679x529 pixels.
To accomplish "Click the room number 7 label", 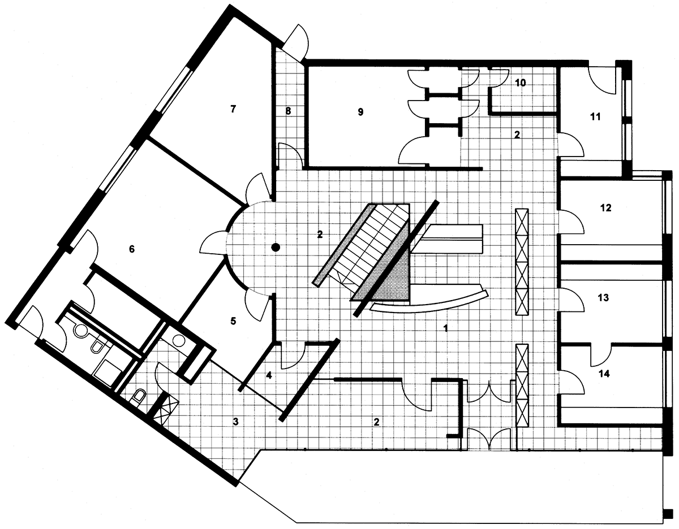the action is tap(233, 109).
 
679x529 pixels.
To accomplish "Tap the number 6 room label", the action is tap(132, 249).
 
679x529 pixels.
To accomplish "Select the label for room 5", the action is tap(233, 321).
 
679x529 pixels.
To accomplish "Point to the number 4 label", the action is tap(269, 375).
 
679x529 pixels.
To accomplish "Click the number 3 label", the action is tap(235, 422).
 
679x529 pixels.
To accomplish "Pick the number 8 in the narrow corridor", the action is tap(288, 111).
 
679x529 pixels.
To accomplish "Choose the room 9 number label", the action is tap(360, 112).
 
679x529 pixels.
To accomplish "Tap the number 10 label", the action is tap(520, 83).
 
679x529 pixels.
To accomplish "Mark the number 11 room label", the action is tap(595, 117).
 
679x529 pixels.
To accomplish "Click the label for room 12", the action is tap(605, 208).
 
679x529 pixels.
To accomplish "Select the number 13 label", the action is tap(603, 298).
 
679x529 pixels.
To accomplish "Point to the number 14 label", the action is tap(604, 374).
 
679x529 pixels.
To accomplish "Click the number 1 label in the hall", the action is tap(445, 328).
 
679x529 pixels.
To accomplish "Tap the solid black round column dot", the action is tap(276, 248).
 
